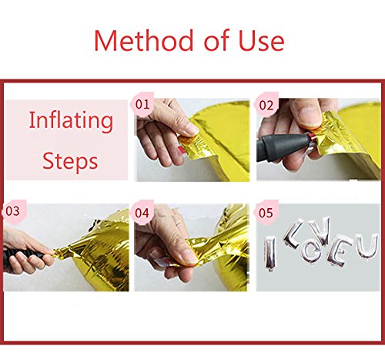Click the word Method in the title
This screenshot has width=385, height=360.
coord(143,40)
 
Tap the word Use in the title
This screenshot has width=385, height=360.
coord(261,40)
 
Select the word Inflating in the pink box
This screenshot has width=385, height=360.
coord(71,121)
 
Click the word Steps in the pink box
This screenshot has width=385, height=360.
coord(70,161)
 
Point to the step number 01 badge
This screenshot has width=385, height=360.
coord(142,104)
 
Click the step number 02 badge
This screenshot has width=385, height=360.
coord(266,105)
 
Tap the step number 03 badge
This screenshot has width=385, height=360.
coord(13,211)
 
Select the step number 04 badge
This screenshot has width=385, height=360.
coord(142,213)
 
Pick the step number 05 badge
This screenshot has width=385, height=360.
coord(266,213)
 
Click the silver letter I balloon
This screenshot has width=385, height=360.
coord(270,253)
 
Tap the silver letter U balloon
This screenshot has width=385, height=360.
coord(367,246)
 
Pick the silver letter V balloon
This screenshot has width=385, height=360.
coord(319,230)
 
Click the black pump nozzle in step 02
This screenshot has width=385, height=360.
coord(283,146)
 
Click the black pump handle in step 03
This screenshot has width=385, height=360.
coord(23,257)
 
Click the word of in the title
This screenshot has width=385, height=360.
coord(216,40)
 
